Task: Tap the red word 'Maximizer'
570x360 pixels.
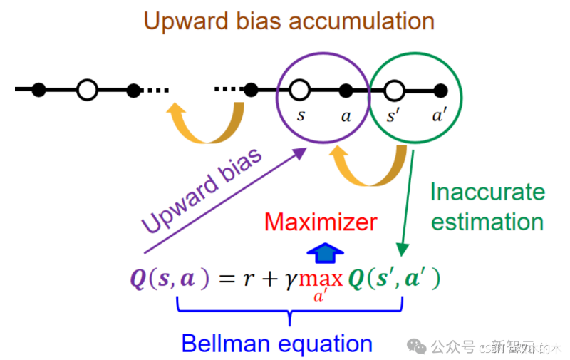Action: [320, 222]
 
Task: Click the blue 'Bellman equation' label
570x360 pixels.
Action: [276, 344]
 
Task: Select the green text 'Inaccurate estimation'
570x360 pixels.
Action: [487, 207]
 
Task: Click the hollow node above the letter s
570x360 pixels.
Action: [300, 90]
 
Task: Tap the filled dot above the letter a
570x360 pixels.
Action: [346, 90]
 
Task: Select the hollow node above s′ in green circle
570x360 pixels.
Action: [393, 90]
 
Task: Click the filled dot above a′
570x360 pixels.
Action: [440, 90]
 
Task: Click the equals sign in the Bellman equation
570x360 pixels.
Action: [225, 278]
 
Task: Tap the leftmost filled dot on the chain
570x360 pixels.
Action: [39, 90]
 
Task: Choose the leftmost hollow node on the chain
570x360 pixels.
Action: [86, 90]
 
